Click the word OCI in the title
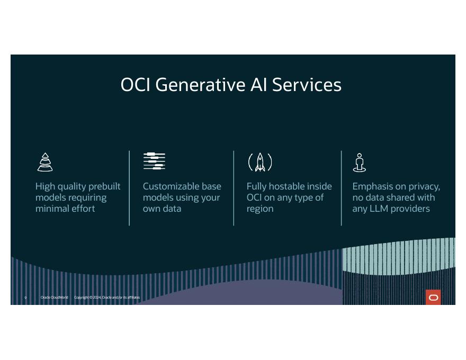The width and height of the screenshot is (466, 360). (x=136, y=85)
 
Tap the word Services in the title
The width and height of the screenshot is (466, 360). (x=307, y=85)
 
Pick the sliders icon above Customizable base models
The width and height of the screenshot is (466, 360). (x=154, y=161)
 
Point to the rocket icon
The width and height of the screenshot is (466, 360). (x=260, y=162)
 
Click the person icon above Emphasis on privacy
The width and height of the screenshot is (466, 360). (x=360, y=163)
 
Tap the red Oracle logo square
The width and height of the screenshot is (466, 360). (x=433, y=298)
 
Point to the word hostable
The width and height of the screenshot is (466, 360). (x=290, y=186)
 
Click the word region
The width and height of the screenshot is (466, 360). (x=260, y=209)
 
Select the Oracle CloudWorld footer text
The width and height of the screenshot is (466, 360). (x=54, y=298)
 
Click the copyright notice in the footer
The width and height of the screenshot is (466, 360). (x=107, y=298)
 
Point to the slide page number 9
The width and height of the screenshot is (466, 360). (x=25, y=298)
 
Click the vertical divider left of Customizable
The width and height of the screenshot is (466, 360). (x=129, y=188)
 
